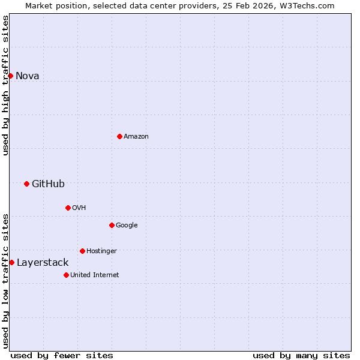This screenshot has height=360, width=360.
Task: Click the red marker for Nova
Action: point(10,76)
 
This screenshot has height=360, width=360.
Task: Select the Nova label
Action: point(27,76)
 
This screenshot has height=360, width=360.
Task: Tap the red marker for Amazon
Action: point(119,136)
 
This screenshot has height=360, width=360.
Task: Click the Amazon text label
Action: point(136,136)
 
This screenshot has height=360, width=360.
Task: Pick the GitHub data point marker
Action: point(26,184)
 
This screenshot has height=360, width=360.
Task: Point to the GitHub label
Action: point(48,184)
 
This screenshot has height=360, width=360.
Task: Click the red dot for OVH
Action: point(68,208)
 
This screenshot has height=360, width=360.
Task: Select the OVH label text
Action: point(79,208)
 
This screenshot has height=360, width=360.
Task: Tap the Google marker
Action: point(112,225)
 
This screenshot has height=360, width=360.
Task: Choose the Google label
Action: point(127,225)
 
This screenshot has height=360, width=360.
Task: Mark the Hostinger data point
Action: point(82,251)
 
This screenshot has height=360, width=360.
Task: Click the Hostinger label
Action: point(101,251)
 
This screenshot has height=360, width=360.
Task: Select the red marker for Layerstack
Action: point(11,262)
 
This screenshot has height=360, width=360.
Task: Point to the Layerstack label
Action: point(43,262)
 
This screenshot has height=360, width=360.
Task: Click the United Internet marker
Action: point(66,275)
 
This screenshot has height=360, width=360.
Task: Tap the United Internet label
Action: point(95,275)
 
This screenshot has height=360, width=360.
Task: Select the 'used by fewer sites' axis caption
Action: point(62,355)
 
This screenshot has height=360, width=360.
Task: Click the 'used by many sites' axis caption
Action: point(301,355)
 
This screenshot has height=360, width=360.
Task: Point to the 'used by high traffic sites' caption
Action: point(5,85)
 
